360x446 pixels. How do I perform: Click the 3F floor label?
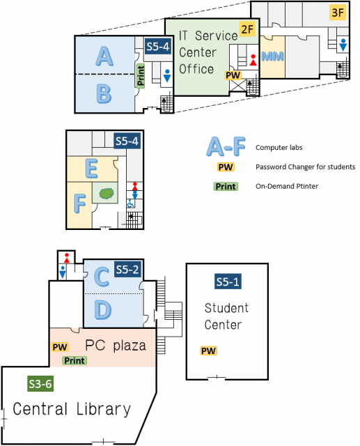pyautogui.click(x=338, y=13)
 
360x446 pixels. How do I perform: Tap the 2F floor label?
pyautogui.click(x=247, y=29)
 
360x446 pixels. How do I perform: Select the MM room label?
pyautogui.click(x=272, y=56)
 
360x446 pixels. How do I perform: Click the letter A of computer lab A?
pyautogui.click(x=104, y=56)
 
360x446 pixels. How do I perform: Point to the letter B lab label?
pyautogui.click(x=104, y=93)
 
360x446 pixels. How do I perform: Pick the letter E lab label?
pyautogui.click(x=91, y=169)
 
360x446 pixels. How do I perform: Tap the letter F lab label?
pyautogui.click(x=80, y=203)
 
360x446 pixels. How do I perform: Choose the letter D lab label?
pyautogui.click(x=103, y=309)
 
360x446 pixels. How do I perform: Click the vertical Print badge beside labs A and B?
pyautogui.click(x=141, y=76)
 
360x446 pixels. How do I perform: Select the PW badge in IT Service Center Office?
pyautogui.click(x=233, y=75)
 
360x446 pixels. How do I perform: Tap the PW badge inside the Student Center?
pyautogui.click(x=209, y=351)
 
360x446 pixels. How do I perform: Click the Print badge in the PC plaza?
pyautogui.click(x=75, y=361)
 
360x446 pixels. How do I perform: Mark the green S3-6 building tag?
pyautogui.click(x=40, y=384)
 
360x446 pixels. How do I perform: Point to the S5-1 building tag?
pyautogui.click(x=228, y=282)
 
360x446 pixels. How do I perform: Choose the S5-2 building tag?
pyautogui.click(x=127, y=269)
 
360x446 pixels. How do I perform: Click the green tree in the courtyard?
pyautogui.click(x=107, y=194)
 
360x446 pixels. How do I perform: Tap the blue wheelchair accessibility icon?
pyautogui.click(x=131, y=203)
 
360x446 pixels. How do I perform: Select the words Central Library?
pyautogui.click(x=72, y=409)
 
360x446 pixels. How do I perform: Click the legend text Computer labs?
pyautogui.click(x=279, y=147)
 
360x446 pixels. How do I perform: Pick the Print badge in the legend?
pyautogui.click(x=226, y=187)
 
